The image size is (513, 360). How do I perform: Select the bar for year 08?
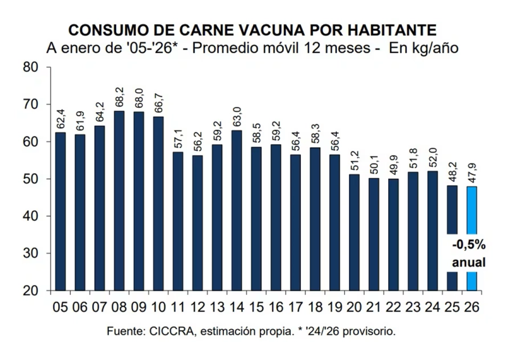[119, 199]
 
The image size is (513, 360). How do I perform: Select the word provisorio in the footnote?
[373, 331]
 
